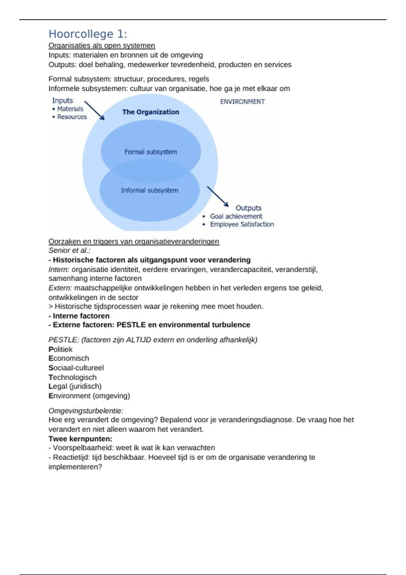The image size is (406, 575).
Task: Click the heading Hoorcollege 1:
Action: (88, 34)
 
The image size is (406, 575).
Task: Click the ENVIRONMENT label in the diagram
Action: (242, 101)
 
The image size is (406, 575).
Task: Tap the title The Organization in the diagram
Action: (151, 112)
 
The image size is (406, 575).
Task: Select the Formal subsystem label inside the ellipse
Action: (151, 152)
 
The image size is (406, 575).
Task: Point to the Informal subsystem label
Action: (150, 190)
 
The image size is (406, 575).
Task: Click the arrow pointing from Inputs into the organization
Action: (94, 110)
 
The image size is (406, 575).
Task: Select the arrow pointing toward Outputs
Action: (218, 196)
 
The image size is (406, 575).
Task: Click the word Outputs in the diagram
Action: (248, 208)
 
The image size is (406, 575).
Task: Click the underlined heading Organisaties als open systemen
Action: (102, 46)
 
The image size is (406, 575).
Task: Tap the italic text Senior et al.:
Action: (69, 251)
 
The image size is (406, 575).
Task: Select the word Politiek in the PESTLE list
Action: (61, 349)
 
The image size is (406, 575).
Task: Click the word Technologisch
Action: (72, 377)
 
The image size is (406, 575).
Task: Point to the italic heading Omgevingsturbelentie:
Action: (86, 411)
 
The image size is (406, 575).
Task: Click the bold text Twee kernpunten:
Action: (81, 439)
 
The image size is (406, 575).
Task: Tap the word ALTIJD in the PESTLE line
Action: (139, 340)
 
